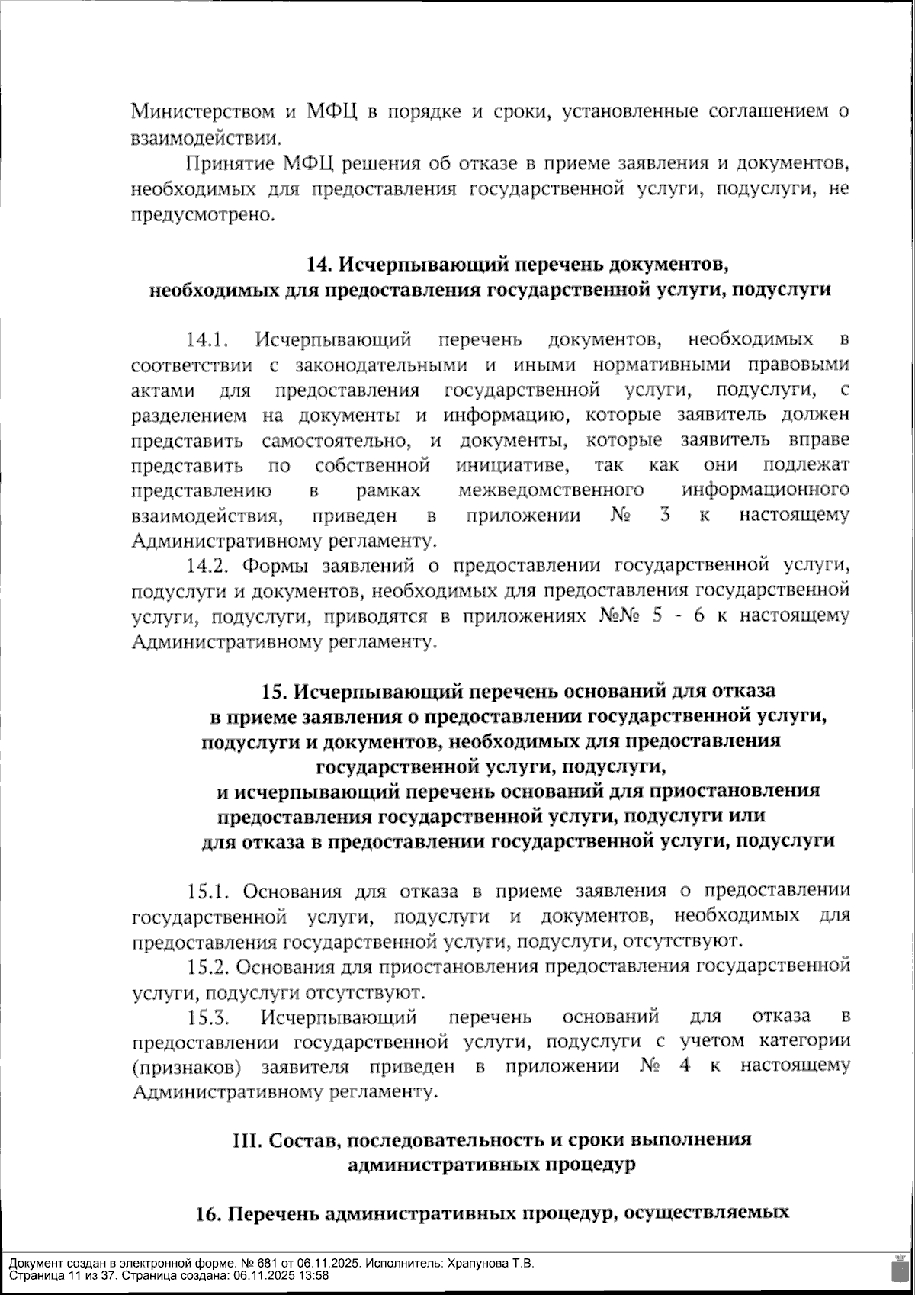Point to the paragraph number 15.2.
tap(209, 966)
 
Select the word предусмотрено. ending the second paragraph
tap(202, 215)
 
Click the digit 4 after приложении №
tap(685, 1066)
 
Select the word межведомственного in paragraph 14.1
tap(551, 490)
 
